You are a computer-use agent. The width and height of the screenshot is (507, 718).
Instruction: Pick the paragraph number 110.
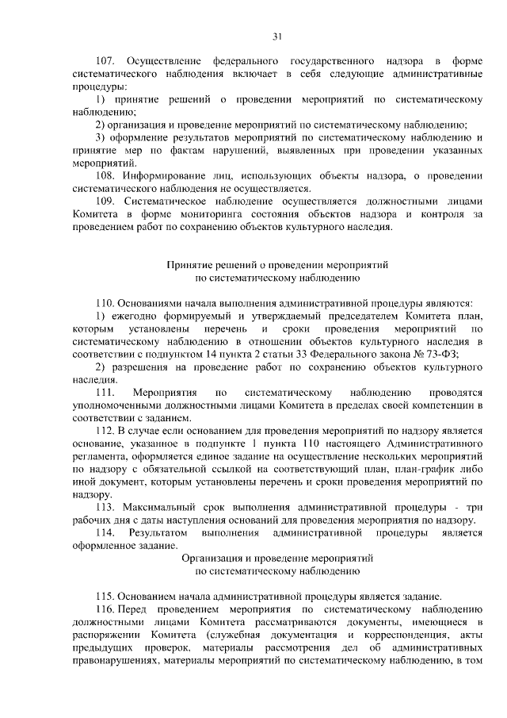105,303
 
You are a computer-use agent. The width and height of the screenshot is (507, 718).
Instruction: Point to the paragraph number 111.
105,392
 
